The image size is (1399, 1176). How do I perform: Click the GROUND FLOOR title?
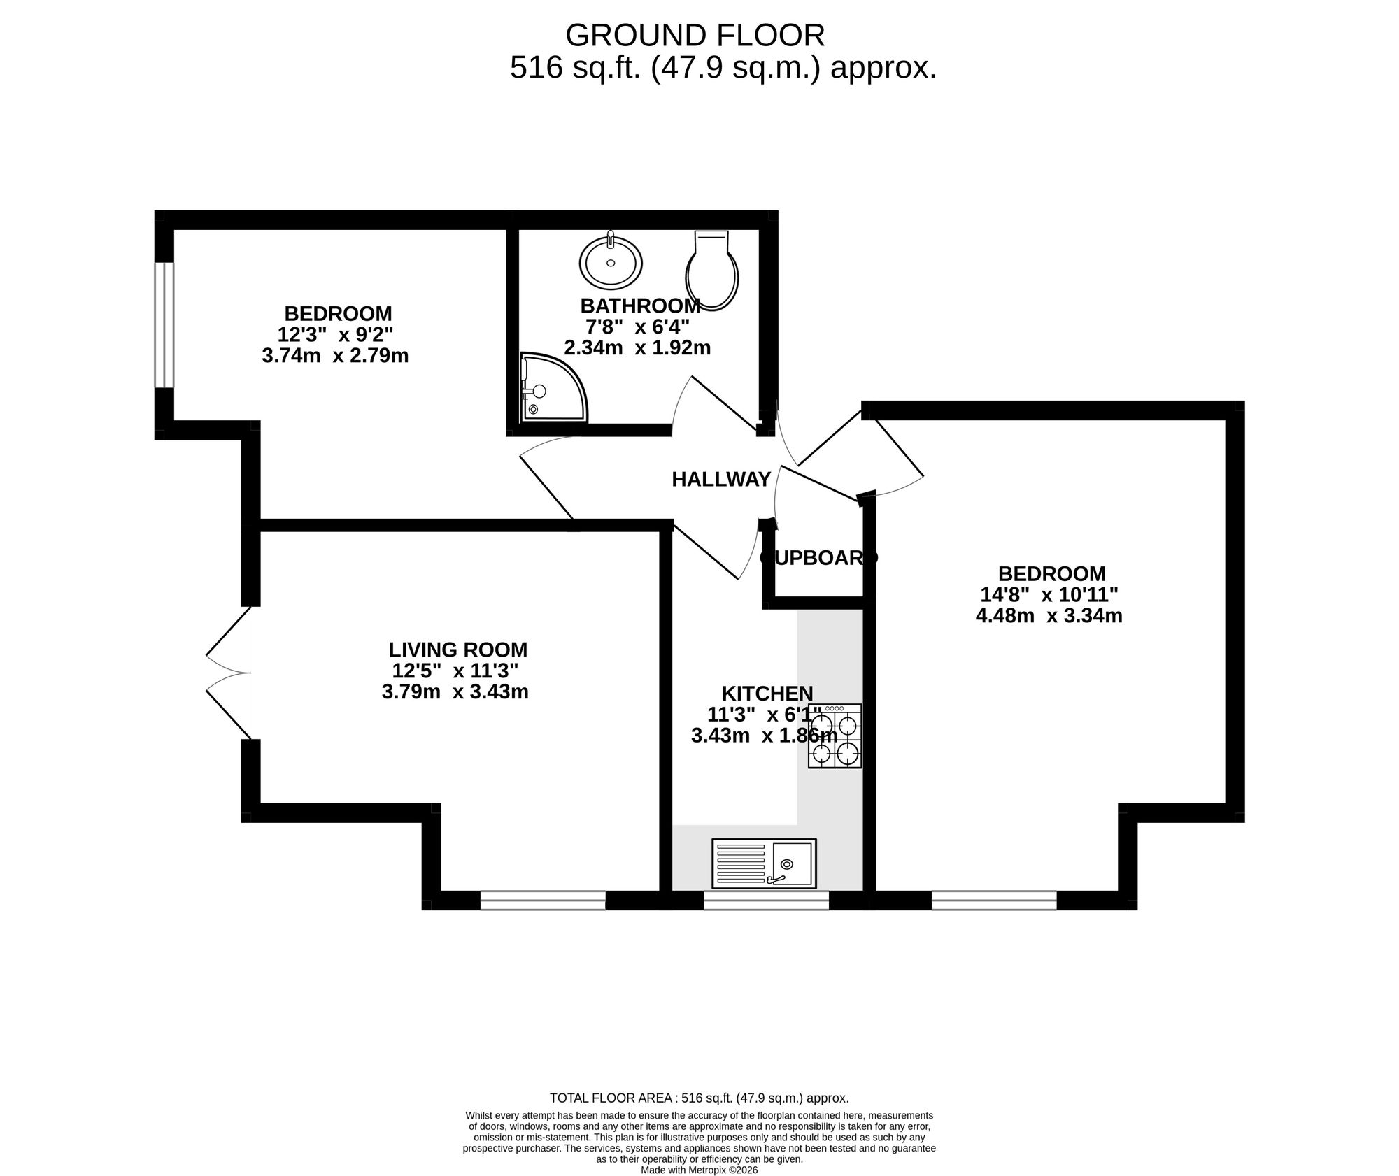click(695, 35)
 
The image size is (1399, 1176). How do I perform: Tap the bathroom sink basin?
click(611, 262)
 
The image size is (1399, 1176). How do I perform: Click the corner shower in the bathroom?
click(549, 389)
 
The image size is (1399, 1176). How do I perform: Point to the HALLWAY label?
click(721, 480)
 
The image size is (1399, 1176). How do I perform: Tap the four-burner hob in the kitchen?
click(835, 736)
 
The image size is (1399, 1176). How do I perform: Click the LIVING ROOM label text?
click(457, 650)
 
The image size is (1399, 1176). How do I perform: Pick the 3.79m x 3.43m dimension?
click(455, 692)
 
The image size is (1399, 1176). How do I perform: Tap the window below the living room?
click(543, 901)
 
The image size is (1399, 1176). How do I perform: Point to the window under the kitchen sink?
click(766, 901)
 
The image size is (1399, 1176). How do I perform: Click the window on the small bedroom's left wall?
click(164, 324)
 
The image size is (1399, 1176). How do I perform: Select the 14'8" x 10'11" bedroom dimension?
click(1049, 595)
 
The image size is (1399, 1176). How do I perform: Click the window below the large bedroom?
click(993, 901)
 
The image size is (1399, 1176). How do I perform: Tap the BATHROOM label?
click(640, 306)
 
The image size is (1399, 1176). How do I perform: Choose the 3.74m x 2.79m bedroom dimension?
click(335, 356)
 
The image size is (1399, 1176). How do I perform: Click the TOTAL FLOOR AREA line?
click(699, 1098)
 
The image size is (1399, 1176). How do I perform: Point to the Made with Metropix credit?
click(699, 1170)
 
